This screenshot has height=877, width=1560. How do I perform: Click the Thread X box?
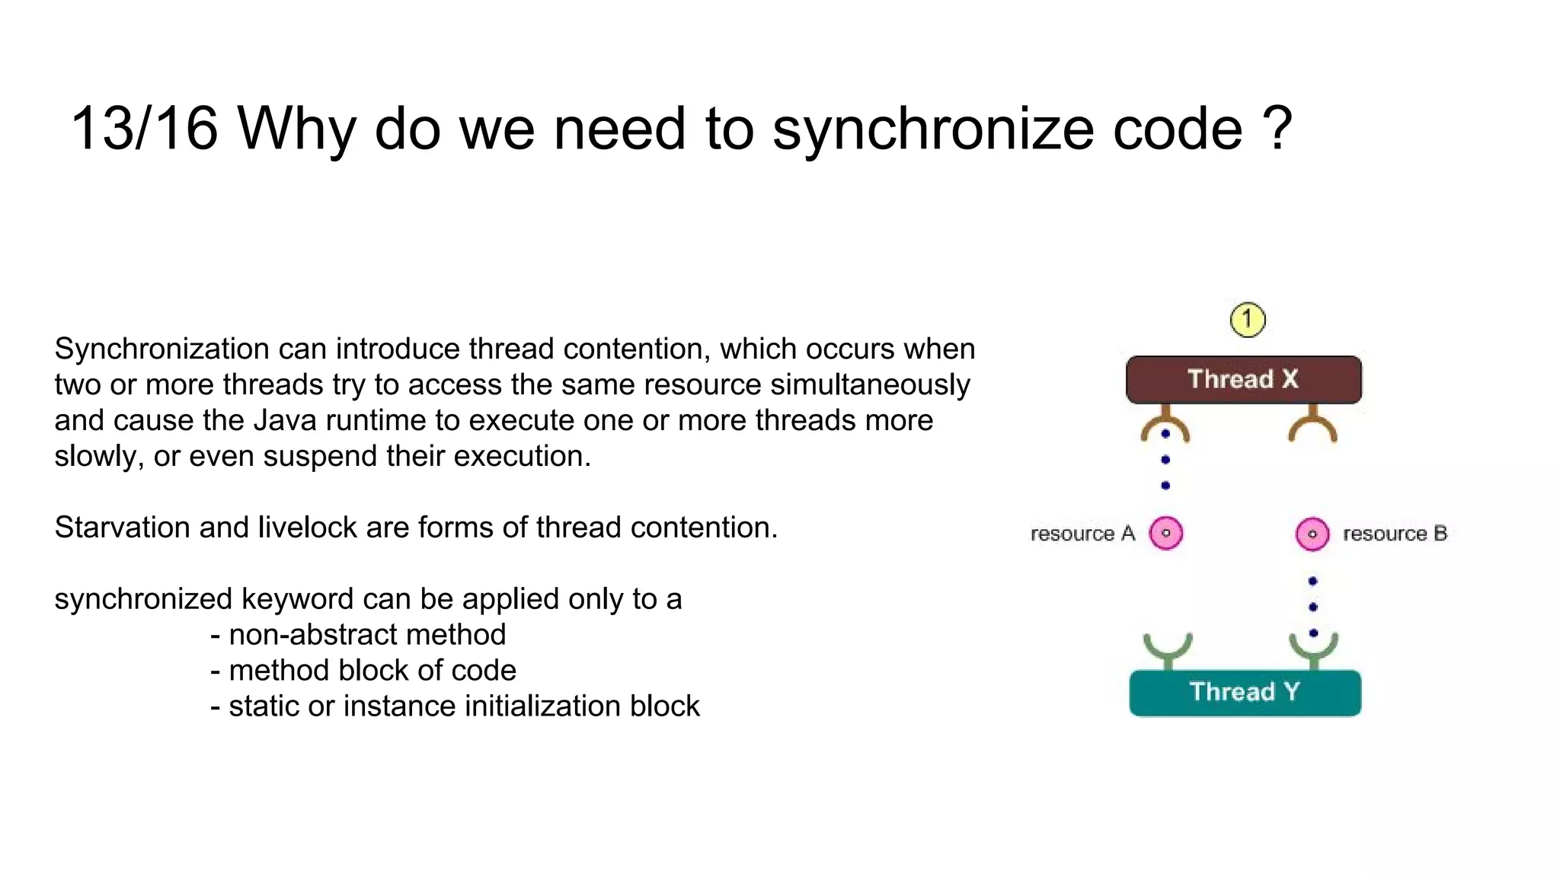1243,379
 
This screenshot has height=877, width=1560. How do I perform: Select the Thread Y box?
1245,692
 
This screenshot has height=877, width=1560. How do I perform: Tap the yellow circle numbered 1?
1247,320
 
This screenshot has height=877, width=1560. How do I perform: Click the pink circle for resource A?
1165,533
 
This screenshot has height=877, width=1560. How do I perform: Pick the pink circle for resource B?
1312,534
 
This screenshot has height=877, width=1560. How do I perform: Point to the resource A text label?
1082,534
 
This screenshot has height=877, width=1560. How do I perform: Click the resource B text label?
1394,534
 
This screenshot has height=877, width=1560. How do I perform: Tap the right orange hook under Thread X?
1312,426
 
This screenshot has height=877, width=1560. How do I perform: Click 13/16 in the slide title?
144,129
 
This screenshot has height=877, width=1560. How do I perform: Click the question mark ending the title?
1277,129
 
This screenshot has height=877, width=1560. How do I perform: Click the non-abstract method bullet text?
366,634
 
